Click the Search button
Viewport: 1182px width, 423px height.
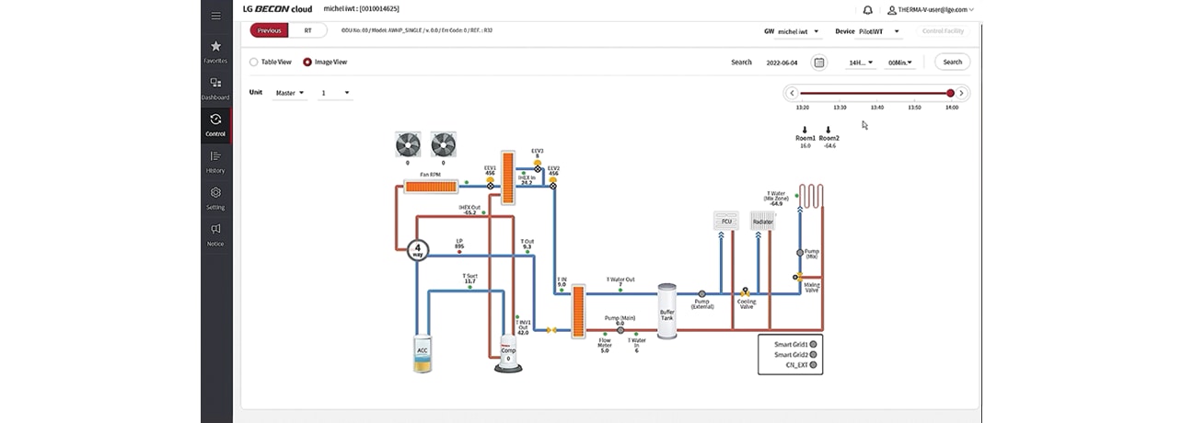(952, 63)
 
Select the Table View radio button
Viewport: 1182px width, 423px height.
(254, 63)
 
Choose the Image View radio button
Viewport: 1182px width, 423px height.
(307, 63)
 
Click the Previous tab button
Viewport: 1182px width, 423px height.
(270, 30)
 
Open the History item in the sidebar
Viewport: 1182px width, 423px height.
(215, 161)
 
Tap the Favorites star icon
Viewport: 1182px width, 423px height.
(215, 47)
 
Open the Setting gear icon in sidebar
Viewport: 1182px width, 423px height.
(215, 193)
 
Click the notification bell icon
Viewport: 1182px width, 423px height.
(867, 10)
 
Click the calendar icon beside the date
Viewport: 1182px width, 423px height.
(818, 63)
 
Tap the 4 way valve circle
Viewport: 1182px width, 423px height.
(418, 249)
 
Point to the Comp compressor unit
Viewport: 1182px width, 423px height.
(507, 355)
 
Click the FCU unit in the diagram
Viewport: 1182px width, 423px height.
(726, 221)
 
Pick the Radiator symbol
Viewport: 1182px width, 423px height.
(762, 221)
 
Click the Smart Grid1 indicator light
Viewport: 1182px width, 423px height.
(813, 344)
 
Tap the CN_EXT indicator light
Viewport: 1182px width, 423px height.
(813, 365)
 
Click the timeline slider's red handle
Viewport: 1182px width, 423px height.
(950, 93)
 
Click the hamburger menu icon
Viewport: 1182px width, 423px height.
(215, 16)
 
